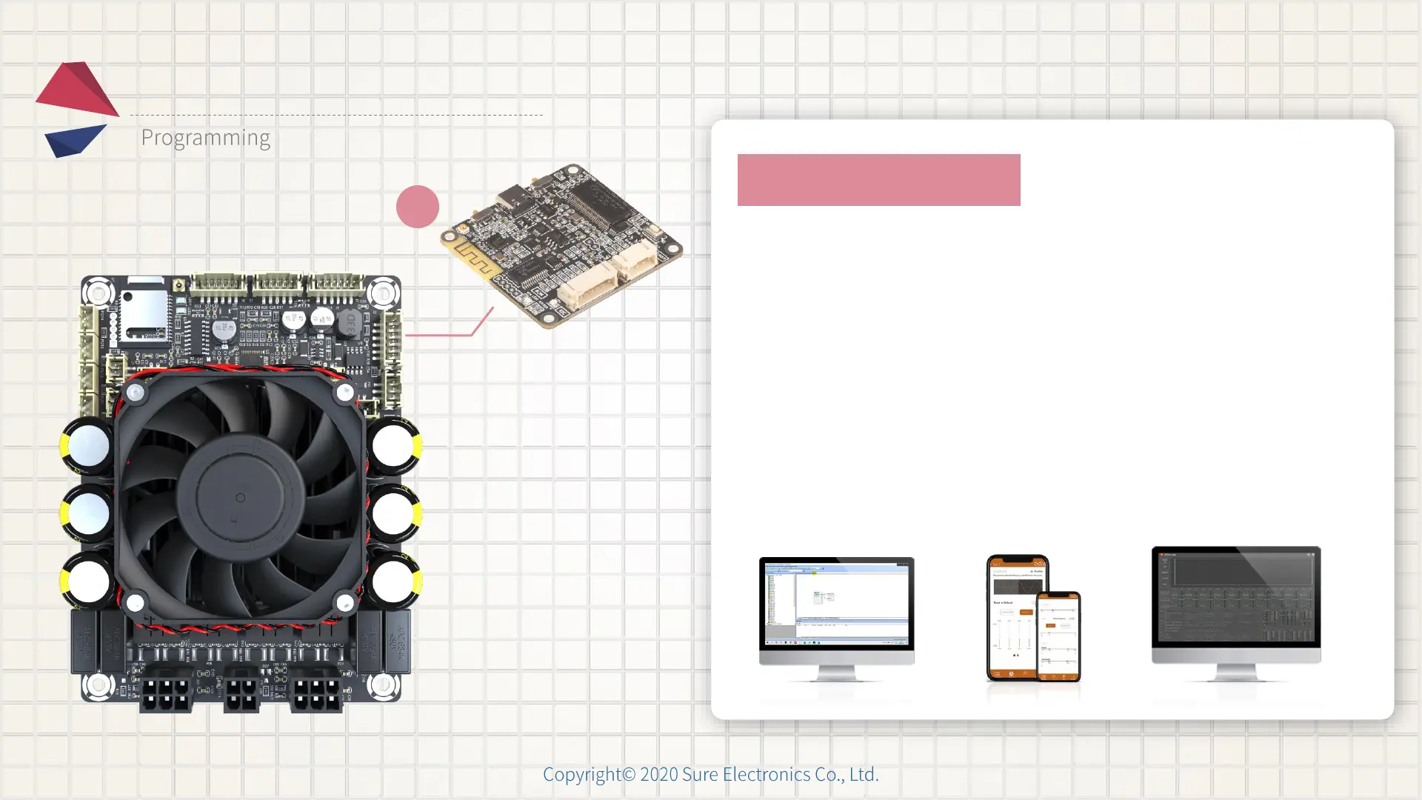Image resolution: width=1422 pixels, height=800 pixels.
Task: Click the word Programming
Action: tap(205, 138)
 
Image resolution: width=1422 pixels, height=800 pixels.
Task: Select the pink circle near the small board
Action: tap(418, 207)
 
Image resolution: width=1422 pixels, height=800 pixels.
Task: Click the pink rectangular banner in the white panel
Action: tap(878, 180)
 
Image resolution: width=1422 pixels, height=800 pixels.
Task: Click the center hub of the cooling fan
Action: tap(240, 498)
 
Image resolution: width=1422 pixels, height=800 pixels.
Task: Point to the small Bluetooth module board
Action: tap(561, 245)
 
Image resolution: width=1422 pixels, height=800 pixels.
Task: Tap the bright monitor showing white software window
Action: tap(837, 604)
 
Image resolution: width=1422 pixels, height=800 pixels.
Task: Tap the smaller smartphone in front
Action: tap(1059, 636)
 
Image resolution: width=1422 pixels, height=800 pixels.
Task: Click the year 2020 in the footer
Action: tap(658, 775)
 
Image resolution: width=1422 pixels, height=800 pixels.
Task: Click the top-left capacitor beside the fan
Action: tap(87, 446)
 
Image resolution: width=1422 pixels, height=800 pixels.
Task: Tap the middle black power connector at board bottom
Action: tap(241, 694)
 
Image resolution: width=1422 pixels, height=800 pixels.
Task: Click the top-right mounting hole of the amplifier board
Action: tap(383, 293)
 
